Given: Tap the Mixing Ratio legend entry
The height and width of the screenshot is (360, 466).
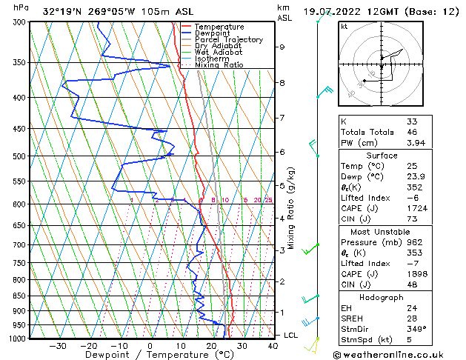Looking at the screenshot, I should [x=219, y=65].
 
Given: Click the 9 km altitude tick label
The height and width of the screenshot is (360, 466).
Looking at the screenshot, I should [x=282, y=47].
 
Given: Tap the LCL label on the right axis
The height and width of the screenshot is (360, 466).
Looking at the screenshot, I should [x=292, y=335].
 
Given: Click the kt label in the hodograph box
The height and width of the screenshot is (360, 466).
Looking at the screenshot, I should [x=344, y=26].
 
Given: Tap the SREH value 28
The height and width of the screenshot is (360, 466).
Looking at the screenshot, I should [x=412, y=318].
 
